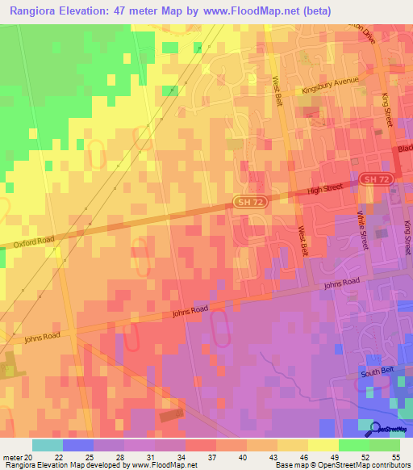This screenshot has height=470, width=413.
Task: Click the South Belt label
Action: [376, 372]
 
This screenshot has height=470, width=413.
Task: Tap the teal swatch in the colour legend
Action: [48, 445]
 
